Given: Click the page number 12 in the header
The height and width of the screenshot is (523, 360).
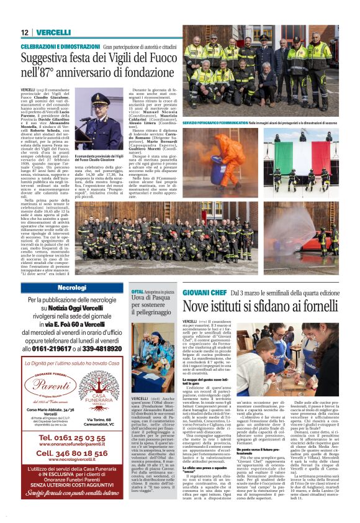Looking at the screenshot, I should pyautogui.click(x=25, y=32).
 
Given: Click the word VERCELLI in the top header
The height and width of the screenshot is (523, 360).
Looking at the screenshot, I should pyautogui.click(x=53, y=32).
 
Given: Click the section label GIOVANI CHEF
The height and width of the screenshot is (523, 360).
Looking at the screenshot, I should pyautogui.click(x=204, y=292).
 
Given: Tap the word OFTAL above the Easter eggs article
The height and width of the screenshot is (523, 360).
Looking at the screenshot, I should pyautogui.click(x=137, y=291).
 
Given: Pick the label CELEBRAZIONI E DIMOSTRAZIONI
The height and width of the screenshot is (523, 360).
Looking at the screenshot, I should pyautogui.click(x=60, y=47).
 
